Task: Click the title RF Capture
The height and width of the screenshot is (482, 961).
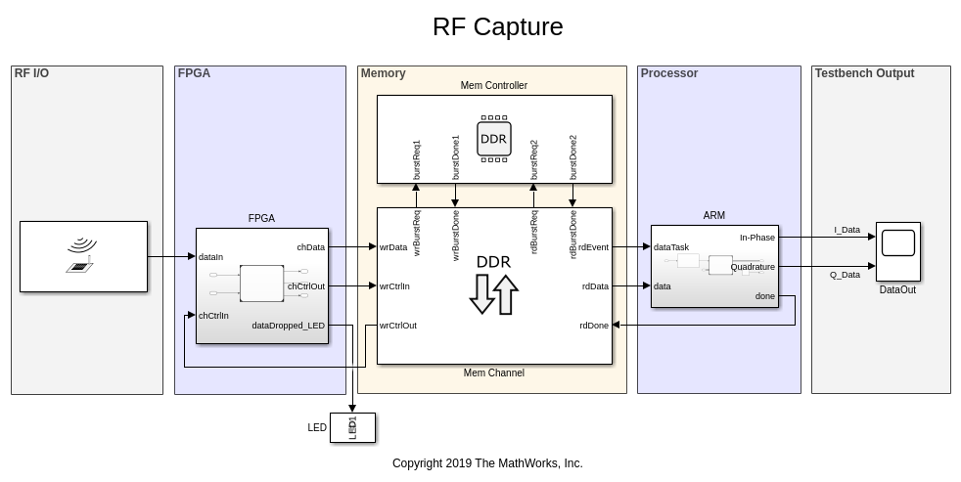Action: [497, 26]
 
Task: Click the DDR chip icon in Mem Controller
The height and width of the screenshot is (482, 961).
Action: [493, 138]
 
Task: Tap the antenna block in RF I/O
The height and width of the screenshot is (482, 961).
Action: [83, 256]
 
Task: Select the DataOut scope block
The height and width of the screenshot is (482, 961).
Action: [897, 251]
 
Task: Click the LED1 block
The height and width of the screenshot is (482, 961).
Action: [352, 427]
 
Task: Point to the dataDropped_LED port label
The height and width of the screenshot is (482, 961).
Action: [288, 326]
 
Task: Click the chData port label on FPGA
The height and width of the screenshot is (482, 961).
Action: [310, 247]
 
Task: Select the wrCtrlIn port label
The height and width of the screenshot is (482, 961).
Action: [394, 286]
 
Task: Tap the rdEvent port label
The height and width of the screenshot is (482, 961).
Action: [593, 247]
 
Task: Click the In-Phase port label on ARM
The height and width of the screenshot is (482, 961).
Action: [756, 238]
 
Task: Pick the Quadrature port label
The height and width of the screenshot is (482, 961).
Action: [753, 266]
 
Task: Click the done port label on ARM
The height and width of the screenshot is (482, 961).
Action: [764, 296]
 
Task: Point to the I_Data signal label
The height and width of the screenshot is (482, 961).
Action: [847, 230]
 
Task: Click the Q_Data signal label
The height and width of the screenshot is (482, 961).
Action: [845, 275]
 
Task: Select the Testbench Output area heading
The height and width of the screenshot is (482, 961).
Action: [864, 73]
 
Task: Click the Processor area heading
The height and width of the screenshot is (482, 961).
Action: [668, 73]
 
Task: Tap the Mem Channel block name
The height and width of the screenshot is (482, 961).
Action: [493, 372]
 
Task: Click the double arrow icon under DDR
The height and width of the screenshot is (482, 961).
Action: [493, 294]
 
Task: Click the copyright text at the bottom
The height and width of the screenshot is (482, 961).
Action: [487, 463]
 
